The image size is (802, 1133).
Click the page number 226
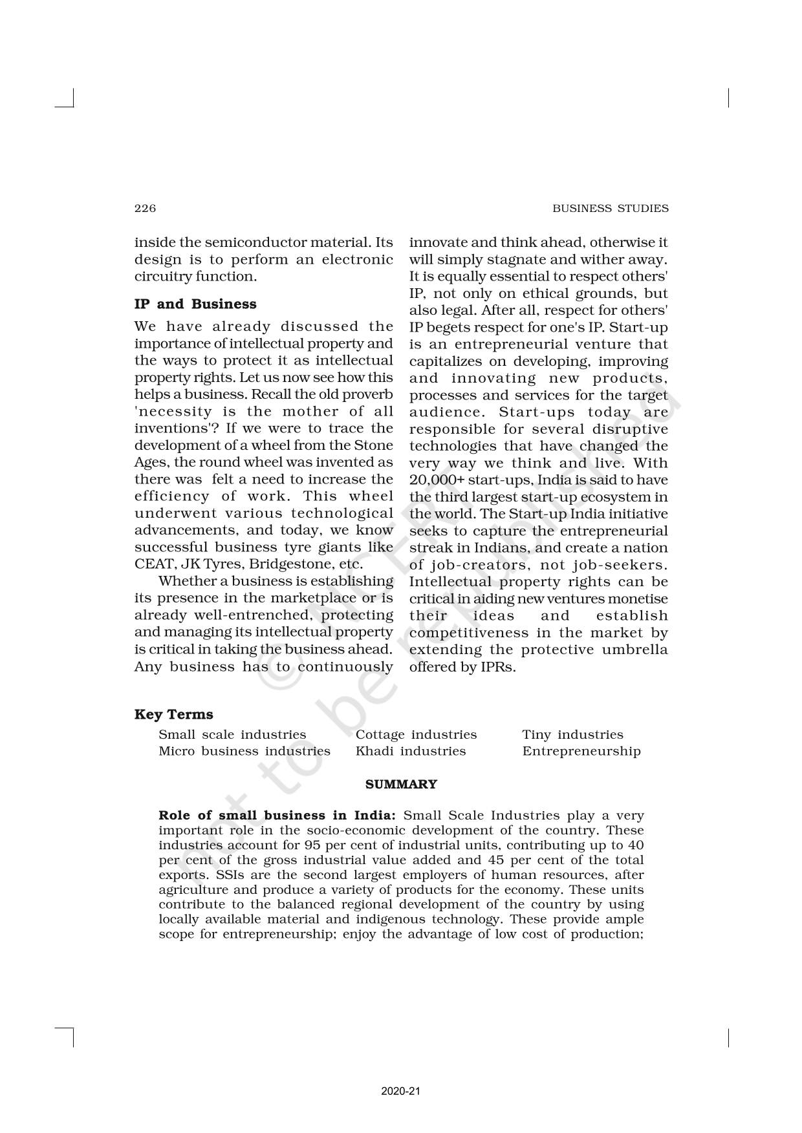pos(145,208)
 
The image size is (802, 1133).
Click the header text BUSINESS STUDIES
pos(610,208)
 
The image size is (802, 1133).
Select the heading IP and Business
pos(195,304)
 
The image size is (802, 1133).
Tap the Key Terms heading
pos(173,714)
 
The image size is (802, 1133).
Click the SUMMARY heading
pos(401,784)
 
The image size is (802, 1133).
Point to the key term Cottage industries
pos(416,734)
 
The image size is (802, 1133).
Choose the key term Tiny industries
pos(572,734)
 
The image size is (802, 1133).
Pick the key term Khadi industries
pos(410,751)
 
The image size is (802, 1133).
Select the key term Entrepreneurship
pos(581,751)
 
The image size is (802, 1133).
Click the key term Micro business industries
pos(244,751)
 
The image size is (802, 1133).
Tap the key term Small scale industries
pos(232,734)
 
